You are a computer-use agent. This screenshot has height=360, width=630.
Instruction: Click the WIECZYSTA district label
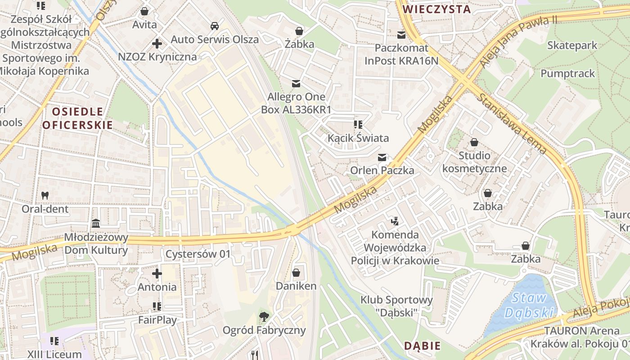(436, 9)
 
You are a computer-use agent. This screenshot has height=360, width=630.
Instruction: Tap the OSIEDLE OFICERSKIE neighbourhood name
(77, 118)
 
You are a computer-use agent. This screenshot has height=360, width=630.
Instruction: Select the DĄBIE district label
(422, 346)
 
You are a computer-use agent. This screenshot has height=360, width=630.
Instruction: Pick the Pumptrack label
(567, 73)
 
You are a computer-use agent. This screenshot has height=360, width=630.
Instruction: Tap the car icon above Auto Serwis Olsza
(215, 26)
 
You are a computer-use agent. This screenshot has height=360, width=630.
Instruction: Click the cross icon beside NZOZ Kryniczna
(157, 44)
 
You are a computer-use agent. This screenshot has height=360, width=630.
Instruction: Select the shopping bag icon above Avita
(144, 11)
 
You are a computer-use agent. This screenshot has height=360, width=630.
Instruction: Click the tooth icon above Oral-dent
(45, 195)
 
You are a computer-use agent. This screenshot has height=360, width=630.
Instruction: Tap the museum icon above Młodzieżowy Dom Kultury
(96, 223)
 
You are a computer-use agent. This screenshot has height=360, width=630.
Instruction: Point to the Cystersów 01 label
(198, 254)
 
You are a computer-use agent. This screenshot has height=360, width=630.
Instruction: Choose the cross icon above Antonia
(157, 273)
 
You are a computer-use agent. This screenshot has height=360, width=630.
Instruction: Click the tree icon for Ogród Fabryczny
(264, 317)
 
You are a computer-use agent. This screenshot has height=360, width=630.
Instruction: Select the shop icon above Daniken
(296, 273)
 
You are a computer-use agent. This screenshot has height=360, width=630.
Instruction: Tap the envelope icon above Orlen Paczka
(382, 157)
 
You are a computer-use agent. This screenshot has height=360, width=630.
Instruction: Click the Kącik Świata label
(358, 138)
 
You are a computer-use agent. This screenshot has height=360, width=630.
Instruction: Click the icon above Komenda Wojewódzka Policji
(395, 221)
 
